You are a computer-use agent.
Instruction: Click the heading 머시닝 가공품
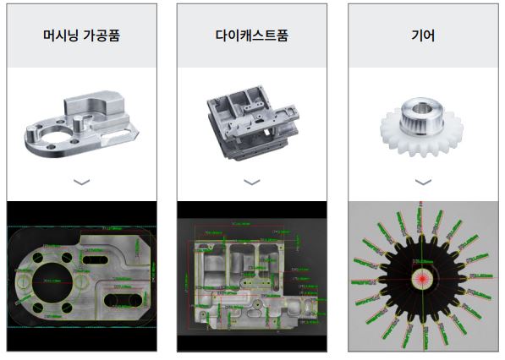click(80, 36)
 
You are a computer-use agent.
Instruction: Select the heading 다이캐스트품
click(251, 36)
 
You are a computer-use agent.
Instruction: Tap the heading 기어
click(422, 36)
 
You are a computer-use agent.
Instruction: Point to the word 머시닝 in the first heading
click(60, 36)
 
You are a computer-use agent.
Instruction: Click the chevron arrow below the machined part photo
click(81, 182)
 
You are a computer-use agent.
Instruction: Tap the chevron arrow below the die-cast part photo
click(251, 182)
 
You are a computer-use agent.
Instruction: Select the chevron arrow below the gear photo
click(422, 182)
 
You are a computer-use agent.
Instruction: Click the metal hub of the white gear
click(421, 112)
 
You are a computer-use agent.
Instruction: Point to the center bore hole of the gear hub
click(425, 107)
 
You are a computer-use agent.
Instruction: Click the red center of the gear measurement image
click(421, 277)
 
